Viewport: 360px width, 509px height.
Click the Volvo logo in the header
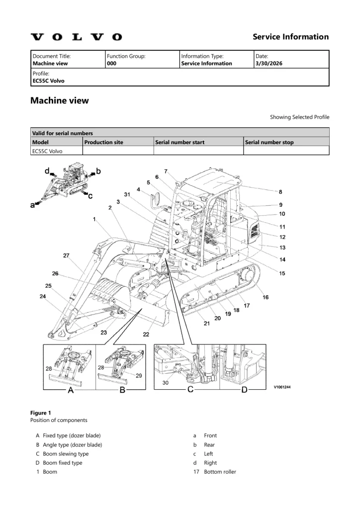76,37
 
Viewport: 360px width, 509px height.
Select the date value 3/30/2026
269,63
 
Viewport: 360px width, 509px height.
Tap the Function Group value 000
112,63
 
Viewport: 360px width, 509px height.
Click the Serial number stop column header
269,142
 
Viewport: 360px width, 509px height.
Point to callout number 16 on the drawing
266,297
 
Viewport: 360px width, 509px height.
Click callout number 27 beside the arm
66,255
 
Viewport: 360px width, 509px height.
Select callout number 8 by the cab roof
280,192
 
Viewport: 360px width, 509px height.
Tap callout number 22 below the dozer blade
146,335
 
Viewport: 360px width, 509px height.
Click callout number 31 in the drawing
127,194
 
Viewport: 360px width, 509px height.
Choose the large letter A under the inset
71,390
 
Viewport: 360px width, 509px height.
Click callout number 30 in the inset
166,383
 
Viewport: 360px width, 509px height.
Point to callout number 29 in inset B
139,376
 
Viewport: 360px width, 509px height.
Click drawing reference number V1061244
282,387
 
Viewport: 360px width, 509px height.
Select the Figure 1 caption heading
41,413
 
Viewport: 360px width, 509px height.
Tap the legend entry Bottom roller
220,472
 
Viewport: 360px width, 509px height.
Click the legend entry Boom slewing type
66,454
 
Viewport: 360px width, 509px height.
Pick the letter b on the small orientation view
98,171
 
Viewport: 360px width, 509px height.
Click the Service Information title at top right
291,37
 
